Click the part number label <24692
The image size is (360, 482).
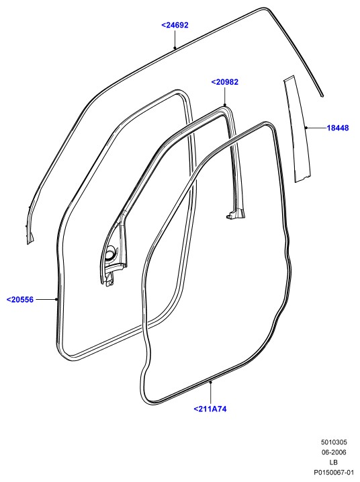pos(175,25)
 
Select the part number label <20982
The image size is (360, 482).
pos(224,82)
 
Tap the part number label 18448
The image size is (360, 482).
pos(338,128)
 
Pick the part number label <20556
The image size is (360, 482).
pos(20,299)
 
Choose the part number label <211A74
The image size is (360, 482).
pos(210,409)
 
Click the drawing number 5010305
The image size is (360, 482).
pos(334,442)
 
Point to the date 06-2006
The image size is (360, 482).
pos(334,452)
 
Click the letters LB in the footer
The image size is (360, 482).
pos(334,462)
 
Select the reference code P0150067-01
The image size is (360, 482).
pos(336,472)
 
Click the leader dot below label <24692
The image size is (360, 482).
pos(175,48)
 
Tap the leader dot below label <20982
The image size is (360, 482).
pos(224,106)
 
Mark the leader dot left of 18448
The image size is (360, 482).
pos(306,128)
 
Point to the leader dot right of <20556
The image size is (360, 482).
pos(56,299)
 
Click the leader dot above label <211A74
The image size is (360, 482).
pos(210,382)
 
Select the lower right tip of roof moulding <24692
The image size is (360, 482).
pos(322,95)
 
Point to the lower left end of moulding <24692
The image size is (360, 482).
pos(30,240)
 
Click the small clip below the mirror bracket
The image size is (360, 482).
pos(109,280)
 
